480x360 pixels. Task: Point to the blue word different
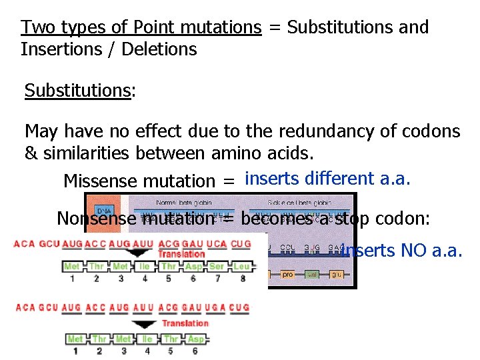pos(339,178)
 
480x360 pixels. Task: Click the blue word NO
pos(413,251)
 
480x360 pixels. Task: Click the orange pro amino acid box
pos(287,274)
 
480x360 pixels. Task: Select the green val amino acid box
pos(311,274)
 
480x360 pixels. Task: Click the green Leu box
pos(241,266)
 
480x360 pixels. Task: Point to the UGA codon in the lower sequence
pos(217,307)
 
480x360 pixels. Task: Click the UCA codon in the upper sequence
pos(217,244)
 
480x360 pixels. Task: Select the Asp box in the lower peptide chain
pos(196,339)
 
